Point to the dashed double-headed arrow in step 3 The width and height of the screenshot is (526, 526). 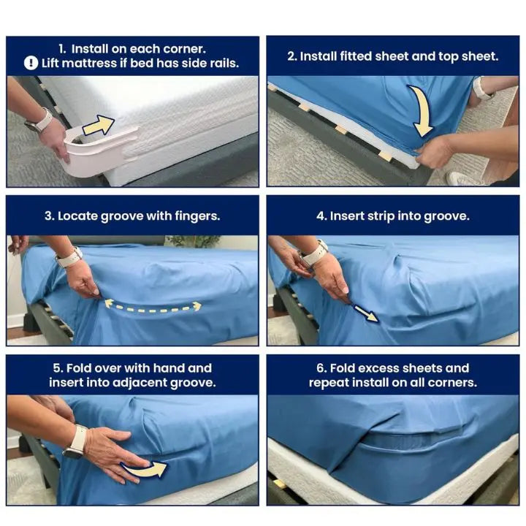(152, 306)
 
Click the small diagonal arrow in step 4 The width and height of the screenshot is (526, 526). (366, 313)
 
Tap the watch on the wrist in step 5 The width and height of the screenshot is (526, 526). (75, 441)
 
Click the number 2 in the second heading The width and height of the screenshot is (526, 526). (291, 56)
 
